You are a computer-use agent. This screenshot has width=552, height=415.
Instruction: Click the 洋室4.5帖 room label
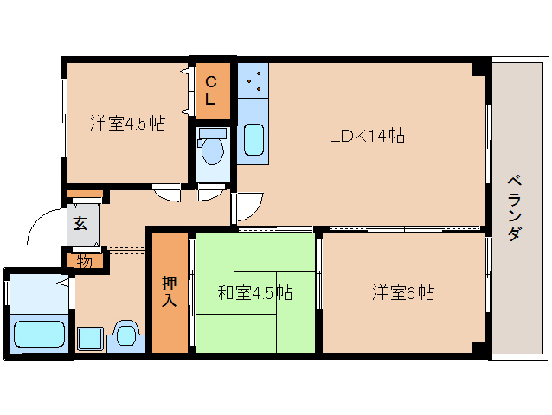tap(127, 123)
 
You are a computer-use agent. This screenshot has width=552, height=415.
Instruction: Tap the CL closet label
tap(210, 91)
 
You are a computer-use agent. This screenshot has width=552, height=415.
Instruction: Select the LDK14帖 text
tap(367, 135)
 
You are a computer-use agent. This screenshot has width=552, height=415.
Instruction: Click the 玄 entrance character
tap(80, 224)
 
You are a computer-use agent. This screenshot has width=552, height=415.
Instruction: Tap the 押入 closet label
tap(169, 291)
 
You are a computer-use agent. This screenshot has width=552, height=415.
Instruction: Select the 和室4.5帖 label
tap(254, 292)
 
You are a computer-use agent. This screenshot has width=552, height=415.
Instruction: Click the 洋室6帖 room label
tap(403, 292)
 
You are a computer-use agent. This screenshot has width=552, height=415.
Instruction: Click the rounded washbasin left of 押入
tap(128, 334)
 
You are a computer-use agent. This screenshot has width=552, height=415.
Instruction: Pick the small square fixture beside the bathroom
tap(89, 337)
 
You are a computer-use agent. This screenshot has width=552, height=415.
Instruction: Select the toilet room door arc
tap(210, 193)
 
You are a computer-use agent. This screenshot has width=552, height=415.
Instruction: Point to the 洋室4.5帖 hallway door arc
tap(166, 193)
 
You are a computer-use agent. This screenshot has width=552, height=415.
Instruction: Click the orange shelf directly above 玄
tap(85, 194)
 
